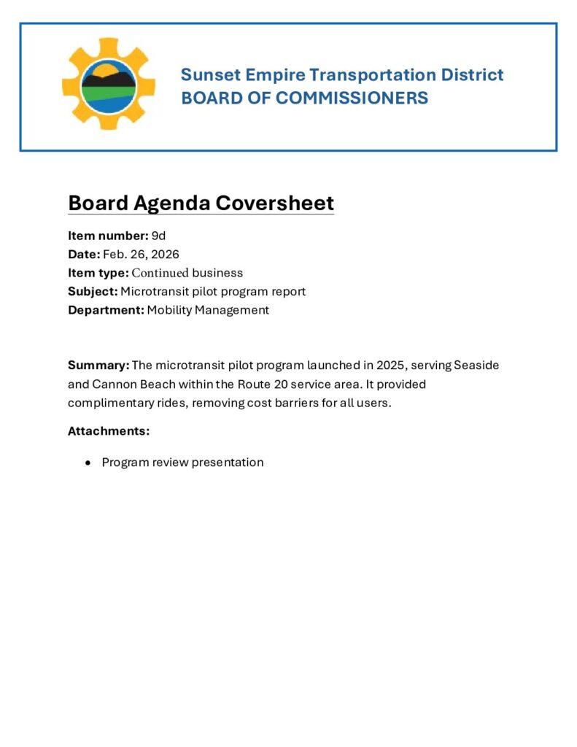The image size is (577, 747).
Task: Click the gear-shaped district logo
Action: point(108,84)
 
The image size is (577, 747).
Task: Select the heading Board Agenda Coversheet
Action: point(201,203)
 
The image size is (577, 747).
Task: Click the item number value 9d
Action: point(158,236)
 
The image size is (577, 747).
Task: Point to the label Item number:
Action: point(108,236)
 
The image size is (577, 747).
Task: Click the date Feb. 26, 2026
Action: point(141,255)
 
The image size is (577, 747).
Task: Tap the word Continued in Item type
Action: point(160,273)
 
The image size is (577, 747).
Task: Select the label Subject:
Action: point(93,292)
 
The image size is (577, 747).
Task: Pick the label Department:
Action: point(106,310)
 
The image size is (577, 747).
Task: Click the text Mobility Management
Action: point(208,310)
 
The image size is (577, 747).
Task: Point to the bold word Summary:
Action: point(98,365)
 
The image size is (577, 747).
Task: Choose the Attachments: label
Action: point(108,431)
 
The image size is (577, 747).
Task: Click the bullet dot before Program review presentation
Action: point(88,463)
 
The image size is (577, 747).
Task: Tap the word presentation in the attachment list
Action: point(228,462)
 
